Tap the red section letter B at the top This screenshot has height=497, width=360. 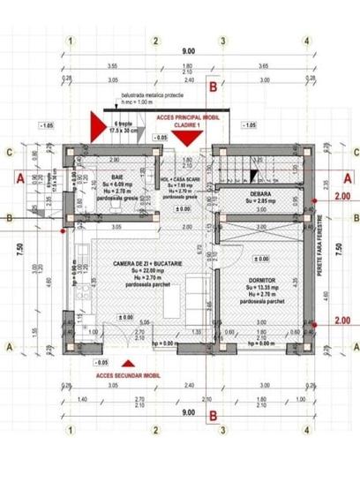pyautogui.click(x=213, y=86)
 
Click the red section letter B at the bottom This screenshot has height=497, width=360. pyautogui.click(x=213, y=417)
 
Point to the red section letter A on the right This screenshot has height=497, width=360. pyautogui.click(x=346, y=177)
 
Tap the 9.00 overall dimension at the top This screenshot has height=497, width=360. pyautogui.click(x=187, y=51)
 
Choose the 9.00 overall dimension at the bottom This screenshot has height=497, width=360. pyautogui.click(x=187, y=413)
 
